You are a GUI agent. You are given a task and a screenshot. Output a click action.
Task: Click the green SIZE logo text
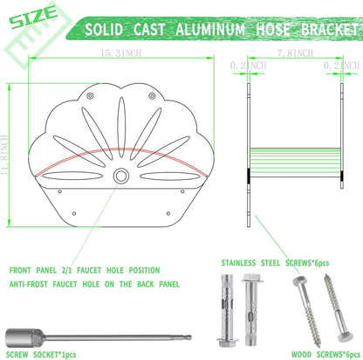coord(33,17)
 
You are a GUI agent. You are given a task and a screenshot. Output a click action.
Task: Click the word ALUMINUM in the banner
coord(210,30)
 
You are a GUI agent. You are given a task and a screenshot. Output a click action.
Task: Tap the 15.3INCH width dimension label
coord(120,53)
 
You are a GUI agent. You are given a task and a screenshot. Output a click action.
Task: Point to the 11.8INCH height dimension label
coord(4,155)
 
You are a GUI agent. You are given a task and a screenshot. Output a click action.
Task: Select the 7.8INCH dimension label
coord(295,53)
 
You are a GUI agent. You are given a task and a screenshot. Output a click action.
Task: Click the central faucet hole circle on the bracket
coord(120,176)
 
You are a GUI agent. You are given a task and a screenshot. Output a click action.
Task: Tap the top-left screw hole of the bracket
coord(91,95)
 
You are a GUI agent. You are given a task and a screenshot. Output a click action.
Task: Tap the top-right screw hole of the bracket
coord(152,95)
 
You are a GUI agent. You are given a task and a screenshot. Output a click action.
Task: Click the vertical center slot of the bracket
coord(121,123)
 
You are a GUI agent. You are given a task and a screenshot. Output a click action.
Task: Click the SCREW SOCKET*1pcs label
coord(41,355)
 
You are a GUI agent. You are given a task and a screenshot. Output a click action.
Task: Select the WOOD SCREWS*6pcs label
coord(325,355)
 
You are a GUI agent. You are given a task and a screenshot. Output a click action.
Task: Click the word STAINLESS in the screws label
coord(238,263)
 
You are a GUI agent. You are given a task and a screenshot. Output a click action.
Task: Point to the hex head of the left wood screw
coord(298,281)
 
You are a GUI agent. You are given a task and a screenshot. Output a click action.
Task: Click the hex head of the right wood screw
coord(346,337)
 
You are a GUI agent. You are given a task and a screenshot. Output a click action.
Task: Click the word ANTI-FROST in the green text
coord(28,284)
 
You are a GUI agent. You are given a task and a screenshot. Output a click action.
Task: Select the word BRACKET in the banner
coord(330,30)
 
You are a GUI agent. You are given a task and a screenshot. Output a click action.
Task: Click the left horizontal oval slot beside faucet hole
coord(72,176)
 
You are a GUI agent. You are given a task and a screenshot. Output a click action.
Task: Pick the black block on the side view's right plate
coord(342,176)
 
